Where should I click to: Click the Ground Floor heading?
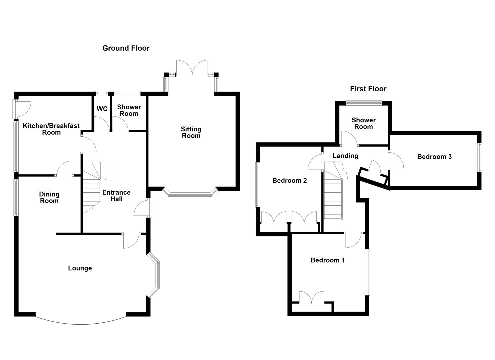tap(126, 48)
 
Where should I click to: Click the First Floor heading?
tap(368, 89)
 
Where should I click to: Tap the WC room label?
tap(102, 109)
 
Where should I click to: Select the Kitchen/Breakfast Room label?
tap(51, 129)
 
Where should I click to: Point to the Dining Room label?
tap(49, 197)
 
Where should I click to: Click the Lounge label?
tap(80, 268)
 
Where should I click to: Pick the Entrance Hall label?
tap(116, 196)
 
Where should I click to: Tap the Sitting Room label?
tap(191, 132)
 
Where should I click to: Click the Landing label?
tap(345, 156)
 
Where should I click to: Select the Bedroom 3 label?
tap(434, 157)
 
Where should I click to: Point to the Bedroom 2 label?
tap(289, 181)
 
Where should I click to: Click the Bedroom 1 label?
tap(327, 260)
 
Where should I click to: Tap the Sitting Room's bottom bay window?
tap(190, 193)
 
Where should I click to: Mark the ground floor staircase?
tap(93, 187)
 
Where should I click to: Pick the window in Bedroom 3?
tap(480, 157)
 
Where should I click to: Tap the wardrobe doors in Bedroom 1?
tap(312, 297)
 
